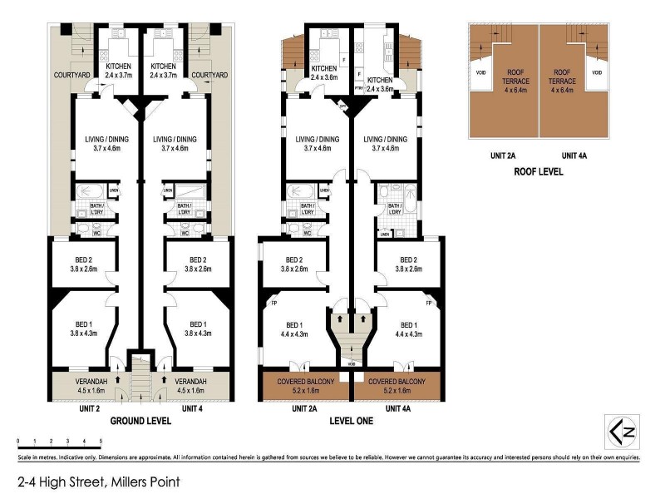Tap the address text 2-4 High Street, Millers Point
pyautogui.click(x=98, y=482)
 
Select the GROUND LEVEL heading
pyautogui.click(x=140, y=421)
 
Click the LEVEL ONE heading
pyautogui.click(x=352, y=421)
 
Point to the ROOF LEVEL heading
pyautogui.click(x=538, y=172)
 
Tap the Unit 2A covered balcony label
pyautogui.click(x=307, y=384)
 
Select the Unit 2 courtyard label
pyautogui.click(x=72, y=75)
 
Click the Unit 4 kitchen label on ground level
pyautogui.click(x=162, y=71)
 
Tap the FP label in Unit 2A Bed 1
pyautogui.click(x=273, y=304)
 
